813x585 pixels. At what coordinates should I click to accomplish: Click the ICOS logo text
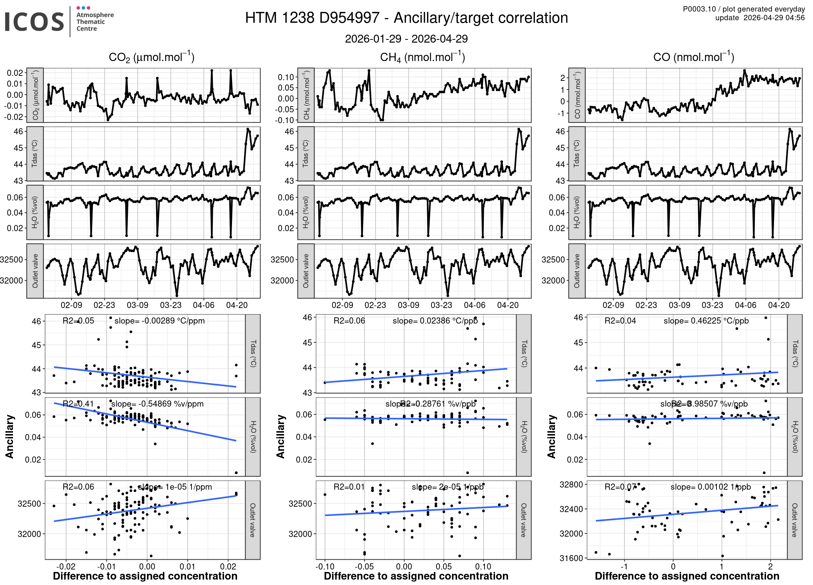[x=34, y=22]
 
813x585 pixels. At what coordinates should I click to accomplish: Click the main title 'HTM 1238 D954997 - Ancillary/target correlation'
[x=406, y=18]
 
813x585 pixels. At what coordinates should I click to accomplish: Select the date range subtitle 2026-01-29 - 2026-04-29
[x=406, y=39]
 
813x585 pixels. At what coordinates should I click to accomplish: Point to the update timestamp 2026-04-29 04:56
[x=774, y=18]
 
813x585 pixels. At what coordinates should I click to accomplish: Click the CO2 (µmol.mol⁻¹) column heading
[x=151, y=57]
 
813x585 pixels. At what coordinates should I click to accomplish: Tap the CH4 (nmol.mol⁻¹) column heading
[x=422, y=57]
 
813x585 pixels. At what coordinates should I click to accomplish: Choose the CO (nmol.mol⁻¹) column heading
[x=693, y=57]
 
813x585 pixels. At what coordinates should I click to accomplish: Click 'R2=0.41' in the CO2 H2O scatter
[x=78, y=404]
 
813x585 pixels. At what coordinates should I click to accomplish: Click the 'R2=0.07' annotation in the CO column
[x=620, y=487]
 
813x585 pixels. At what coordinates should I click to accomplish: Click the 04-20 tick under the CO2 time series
[x=237, y=305]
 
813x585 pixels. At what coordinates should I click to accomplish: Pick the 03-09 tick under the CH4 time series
[x=408, y=305]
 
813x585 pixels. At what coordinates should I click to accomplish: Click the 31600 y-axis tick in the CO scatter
[x=571, y=558]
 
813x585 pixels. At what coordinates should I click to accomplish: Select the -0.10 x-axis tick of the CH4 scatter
[x=325, y=567]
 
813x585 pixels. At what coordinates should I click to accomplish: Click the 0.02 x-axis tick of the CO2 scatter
[x=228, y=567]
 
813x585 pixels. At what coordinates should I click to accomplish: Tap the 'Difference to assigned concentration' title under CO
[x=687, y=576]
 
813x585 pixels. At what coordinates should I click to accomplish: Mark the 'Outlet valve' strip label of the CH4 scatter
[x=524, y=520]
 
